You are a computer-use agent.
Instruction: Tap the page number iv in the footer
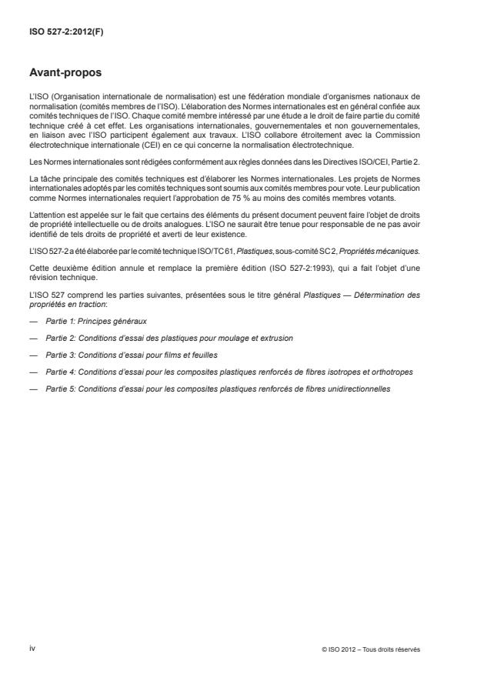coord(32,649)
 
